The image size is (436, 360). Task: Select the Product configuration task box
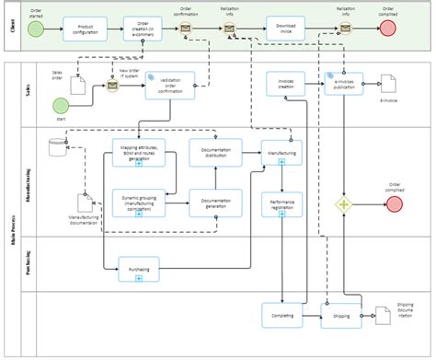coord(86,29)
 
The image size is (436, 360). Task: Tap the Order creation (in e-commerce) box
coord(143,29)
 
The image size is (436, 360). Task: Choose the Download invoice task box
coord(286,28)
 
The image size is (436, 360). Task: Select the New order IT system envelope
coord(112,86)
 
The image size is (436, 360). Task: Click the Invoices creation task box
coord(285,85)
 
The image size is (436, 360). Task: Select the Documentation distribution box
coord(215,151)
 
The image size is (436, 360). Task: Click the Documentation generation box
coord(215,202)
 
